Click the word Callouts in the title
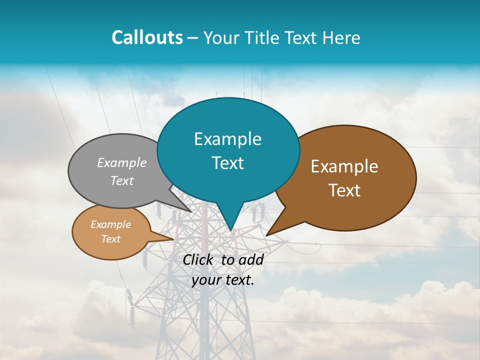[x=147, y=37]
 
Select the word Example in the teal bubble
[x=227, y=139]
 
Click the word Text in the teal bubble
[x=227, y=163]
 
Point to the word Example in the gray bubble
[x=122, y=162]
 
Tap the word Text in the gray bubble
[x=122, y=180]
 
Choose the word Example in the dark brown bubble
[x=344, y=166]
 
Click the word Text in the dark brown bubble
[x=344, y=190]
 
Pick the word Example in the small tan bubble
[x=110, y=224]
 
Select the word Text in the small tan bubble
[x=110, y=239]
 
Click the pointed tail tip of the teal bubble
[x=230, y=230]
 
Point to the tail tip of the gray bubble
[x=191, y=211]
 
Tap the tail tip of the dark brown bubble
[x=266, y=235]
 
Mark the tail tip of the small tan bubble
[x=173, y=239]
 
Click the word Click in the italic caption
[x=198, y=259]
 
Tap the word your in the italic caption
[x=205, y=280]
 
